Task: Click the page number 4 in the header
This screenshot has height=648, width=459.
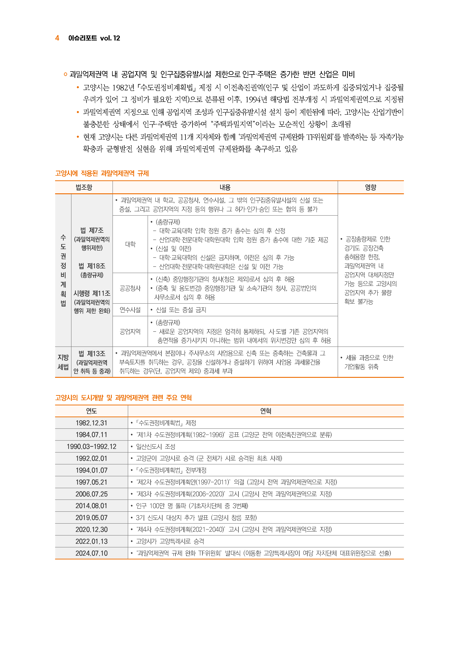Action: tap(57, 38)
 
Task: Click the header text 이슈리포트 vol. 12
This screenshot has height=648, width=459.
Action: tap(94, 38)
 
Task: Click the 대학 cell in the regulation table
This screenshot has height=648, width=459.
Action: tap(130, 244)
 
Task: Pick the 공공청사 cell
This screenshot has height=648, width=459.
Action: tap(130, 288)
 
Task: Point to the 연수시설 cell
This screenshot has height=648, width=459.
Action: tap(130, 310)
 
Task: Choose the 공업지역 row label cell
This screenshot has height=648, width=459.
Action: tap(130, 332)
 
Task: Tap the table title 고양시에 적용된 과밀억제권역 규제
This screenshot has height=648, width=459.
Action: tap(102, 173)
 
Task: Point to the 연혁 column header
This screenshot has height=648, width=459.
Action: tap(266, 411)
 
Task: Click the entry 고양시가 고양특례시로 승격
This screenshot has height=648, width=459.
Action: tap(170, 541)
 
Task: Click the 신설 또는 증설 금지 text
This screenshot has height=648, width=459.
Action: tap(181, 310)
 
